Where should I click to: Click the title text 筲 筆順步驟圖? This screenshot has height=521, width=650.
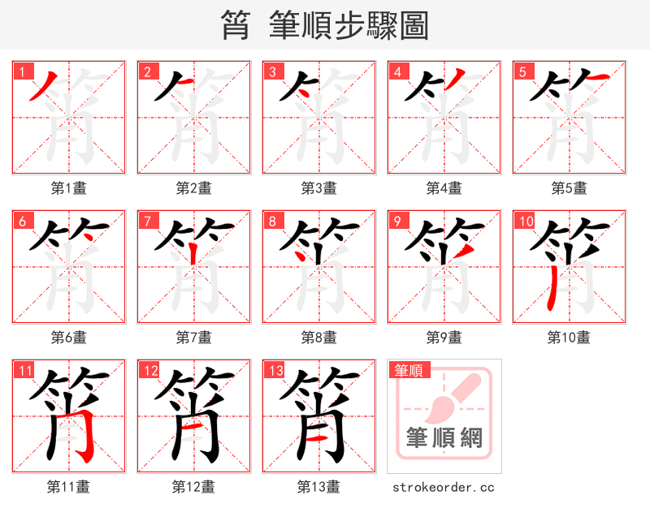click(324, 25)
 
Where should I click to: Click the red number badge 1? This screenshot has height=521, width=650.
click(20, 71)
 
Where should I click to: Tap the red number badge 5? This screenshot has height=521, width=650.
click(521, 71)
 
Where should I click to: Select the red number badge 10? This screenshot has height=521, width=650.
click(524, 221)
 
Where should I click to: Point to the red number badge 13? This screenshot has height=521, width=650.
click(274, 371)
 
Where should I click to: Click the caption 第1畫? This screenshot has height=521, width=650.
click(68, 188)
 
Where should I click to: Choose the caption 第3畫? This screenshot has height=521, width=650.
click(318, 188)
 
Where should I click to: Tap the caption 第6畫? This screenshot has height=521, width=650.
click(68, 338)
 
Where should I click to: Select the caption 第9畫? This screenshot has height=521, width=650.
click(444, 338)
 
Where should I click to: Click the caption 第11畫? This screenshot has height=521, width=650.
click(68, 487)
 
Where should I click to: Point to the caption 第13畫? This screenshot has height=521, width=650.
click(318, 487)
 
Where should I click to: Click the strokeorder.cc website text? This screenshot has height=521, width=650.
click(444, 488)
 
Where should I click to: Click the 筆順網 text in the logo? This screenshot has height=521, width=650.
click(444, 438)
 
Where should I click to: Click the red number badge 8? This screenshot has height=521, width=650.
click(271, 221)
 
